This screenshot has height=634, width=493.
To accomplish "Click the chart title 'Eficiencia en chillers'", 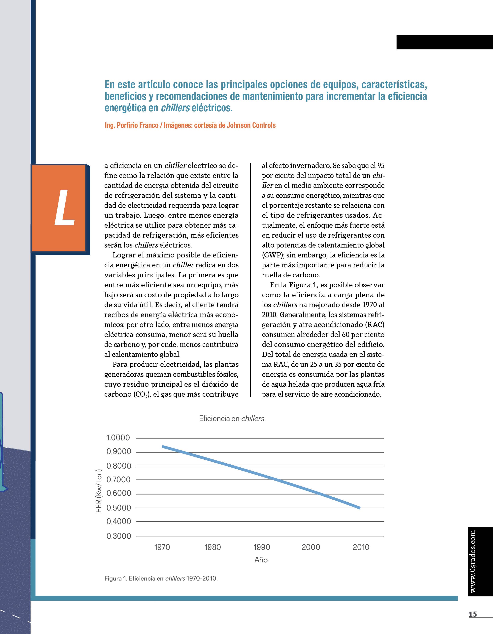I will (232, 418).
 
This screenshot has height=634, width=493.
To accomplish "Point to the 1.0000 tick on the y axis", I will (118, 438).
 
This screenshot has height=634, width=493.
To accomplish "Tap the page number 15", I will (473, 614).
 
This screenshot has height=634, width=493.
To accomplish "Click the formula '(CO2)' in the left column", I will (142, 394).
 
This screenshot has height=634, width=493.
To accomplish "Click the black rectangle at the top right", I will (444, 42).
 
